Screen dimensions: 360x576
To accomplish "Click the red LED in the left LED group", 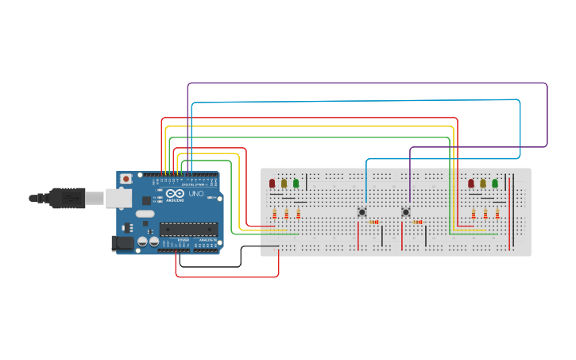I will coord(273,184).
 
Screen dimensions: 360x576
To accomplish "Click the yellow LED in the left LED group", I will coord(284,184).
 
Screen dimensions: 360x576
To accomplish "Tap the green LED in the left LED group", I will coord(296,184).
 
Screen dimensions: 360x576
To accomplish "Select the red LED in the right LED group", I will coord(471,184).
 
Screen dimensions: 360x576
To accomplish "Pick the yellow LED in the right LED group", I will coord(482,184).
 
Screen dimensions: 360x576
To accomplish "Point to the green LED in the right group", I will coord(494,184).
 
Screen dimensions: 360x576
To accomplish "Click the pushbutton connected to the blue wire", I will coord(361,211).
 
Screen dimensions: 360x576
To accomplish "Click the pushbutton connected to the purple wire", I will coord(406,211).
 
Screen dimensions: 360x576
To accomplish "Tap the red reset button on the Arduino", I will coord(124,180).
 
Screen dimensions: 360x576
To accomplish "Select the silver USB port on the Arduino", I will coord(119,198).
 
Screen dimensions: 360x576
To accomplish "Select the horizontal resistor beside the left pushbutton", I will coord(374,223).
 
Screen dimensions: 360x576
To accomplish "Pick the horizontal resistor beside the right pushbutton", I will coord(418,223).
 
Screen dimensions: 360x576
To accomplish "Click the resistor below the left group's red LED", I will coord(275,213).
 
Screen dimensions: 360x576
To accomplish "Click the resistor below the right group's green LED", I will coord(497,213).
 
